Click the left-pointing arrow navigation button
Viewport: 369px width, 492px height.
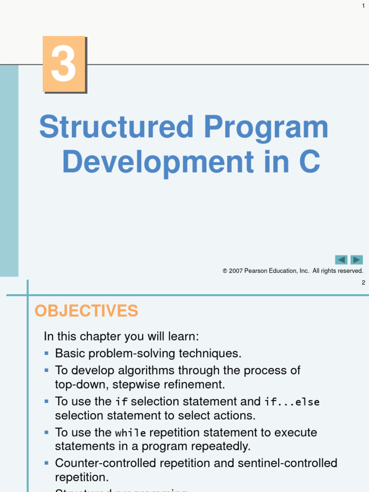(341, 260)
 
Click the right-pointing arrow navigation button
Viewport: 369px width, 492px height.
(357, 260)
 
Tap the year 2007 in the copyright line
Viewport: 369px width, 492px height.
(236, 271)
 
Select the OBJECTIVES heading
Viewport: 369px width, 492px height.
(86, 311)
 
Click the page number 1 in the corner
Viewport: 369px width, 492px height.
(363, 5)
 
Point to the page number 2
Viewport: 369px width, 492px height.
(363, 283)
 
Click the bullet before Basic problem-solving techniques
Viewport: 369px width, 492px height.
(47, 353)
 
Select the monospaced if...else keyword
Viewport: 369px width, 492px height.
(292, 402)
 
